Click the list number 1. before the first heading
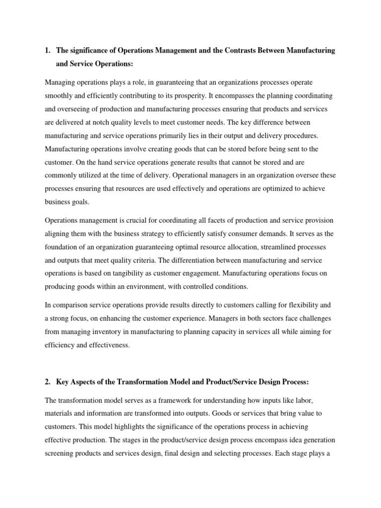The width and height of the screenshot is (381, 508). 48,51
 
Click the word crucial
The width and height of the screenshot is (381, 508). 133,220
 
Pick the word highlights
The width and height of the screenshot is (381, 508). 124,427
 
